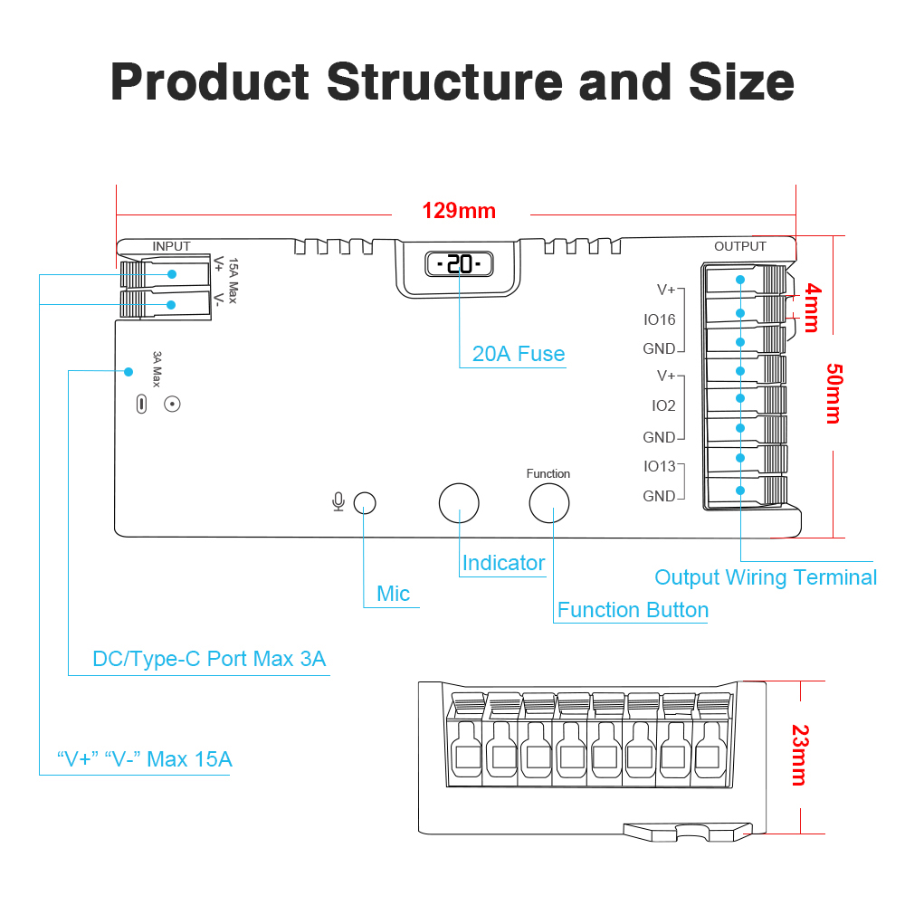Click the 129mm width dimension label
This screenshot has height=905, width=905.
click(x=459, y=212)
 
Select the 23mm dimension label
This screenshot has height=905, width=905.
click(x=798, y=755)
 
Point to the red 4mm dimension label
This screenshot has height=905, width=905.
click(x=813, y=308)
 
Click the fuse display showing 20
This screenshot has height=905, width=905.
click(x=459, y=264)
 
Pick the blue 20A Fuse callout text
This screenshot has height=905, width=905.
click(x=519, y=354)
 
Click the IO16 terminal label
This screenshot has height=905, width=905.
click(x=660, y=319)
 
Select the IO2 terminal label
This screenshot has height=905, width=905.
click(x=663, y=406)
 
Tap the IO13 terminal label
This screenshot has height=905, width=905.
click(x=660, y=466)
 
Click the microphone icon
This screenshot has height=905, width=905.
click(x=338, y=501)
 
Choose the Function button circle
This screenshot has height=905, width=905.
click(x=548, y=502)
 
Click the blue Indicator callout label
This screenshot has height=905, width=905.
click(x=503, y=563)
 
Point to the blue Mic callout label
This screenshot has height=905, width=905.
click(x=394, y=594)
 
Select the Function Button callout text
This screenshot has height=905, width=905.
click(x=633, y=610)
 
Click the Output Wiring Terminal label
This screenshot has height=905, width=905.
click(x=766, y=577)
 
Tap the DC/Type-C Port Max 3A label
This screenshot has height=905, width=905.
click(x=209, y=659)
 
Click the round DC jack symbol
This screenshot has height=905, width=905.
click(x=171, y=404)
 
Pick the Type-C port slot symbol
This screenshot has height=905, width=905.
click(x=140, y=404)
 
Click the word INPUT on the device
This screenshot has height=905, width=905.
click(x=172, y=246)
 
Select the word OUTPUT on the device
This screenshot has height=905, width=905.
click(x=739, y=246)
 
